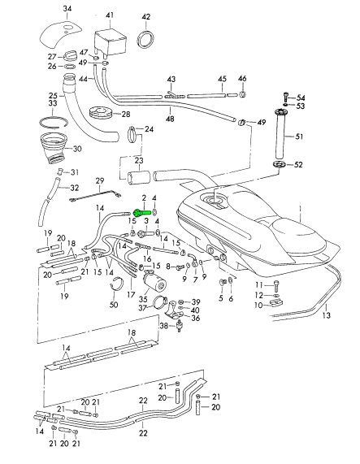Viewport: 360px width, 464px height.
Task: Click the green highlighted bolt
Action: pos(142,212)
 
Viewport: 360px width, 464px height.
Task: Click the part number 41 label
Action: pos(109,15)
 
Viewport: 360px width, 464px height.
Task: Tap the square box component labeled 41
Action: pos(111,42)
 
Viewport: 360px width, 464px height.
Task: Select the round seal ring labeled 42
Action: pos(145,38)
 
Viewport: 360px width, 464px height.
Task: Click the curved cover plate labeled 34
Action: pos(60,33)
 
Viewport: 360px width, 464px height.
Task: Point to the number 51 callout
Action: pos(299,137)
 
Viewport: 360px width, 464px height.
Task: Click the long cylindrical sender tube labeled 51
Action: pos(280,134)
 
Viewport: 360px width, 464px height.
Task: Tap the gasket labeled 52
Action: pos(279,164)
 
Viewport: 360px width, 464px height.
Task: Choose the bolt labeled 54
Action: pos(285,96)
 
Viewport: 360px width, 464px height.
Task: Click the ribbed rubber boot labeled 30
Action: pos(54,149)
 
